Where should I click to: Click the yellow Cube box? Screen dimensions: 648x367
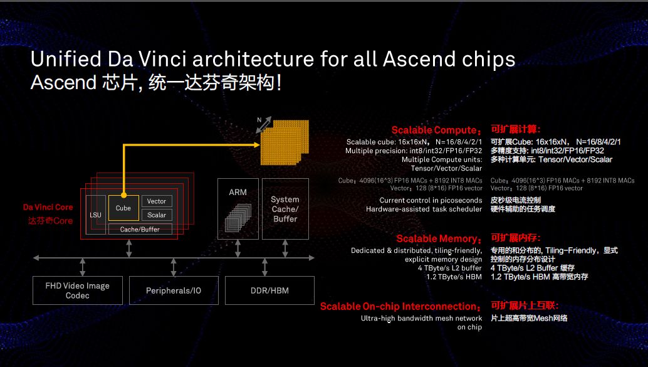(123, 208)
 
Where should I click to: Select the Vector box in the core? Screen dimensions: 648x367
(157, 201)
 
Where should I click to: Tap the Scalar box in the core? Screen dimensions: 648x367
(157, 215)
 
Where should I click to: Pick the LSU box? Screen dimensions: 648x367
(95, 215)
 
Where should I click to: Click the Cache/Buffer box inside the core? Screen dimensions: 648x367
(140, 229)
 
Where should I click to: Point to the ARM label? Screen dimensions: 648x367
(238, 193)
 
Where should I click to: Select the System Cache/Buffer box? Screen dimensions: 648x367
(285, 209)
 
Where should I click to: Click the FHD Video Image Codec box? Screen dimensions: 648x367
(78, 290)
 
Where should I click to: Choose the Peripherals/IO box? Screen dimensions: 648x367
(174, 290)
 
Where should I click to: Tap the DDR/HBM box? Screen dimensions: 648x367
(269, 290)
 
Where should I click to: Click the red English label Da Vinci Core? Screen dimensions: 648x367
(48, 207)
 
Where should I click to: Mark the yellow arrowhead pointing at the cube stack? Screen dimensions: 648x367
(257, 145)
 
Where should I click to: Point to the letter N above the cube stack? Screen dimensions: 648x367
(259, 120)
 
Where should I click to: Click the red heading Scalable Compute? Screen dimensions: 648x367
(436, 130)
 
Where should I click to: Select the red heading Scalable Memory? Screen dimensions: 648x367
(439, 239)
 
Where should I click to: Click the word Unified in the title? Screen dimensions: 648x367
(66, 59)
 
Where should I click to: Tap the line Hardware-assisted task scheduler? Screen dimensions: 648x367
(424, 210)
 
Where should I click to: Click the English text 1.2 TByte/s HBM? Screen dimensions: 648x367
(454, 277)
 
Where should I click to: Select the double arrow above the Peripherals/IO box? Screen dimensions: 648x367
(174, 267)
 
